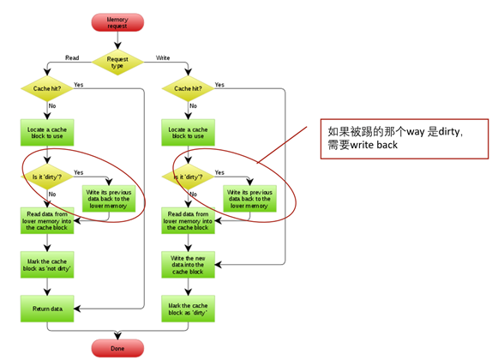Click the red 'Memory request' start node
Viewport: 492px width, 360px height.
(x=117, y=21)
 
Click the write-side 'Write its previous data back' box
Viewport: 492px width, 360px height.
(x=249, y=197)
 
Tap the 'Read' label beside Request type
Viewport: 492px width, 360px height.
(x=73, y=57)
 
